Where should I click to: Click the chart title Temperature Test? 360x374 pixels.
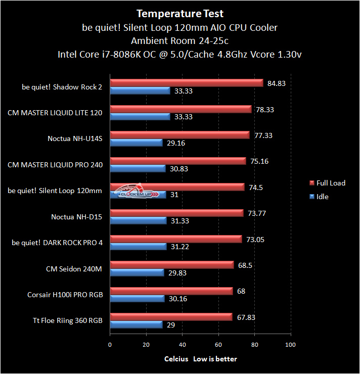[180, 14]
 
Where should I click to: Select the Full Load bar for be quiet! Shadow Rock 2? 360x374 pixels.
[186, 83]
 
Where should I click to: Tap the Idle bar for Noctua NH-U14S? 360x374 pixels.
[136, 143]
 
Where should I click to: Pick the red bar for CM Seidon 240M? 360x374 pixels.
[172, 265]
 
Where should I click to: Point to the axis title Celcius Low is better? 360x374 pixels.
[200, 359]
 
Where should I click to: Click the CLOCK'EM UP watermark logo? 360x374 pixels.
[137, 192]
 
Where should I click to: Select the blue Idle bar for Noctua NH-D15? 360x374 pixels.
[138, 221]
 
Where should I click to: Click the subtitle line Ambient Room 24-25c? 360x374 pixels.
[180, 40]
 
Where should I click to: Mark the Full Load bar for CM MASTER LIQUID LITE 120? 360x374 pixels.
[181, 109]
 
